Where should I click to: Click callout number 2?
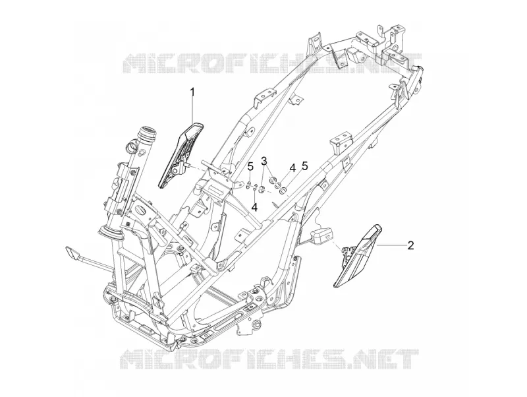click(410, 245)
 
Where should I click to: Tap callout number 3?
click(265, 161)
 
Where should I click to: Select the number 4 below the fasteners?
click(255, 207)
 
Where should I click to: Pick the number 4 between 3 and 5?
click(292, 168)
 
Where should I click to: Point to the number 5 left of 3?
click(250, 167)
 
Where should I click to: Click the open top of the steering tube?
click(148, 131)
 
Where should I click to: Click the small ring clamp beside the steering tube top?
click(132, 147)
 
